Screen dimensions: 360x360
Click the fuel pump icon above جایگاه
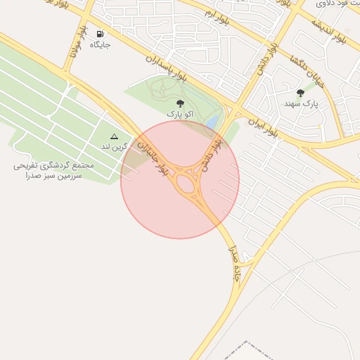100,34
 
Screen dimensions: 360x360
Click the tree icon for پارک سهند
300,92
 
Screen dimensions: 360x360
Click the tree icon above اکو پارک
180,103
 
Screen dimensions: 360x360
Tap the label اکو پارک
180,113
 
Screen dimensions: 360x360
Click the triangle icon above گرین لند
114,136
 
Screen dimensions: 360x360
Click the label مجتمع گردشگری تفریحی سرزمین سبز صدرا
48,170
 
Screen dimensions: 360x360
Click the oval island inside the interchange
187,185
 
